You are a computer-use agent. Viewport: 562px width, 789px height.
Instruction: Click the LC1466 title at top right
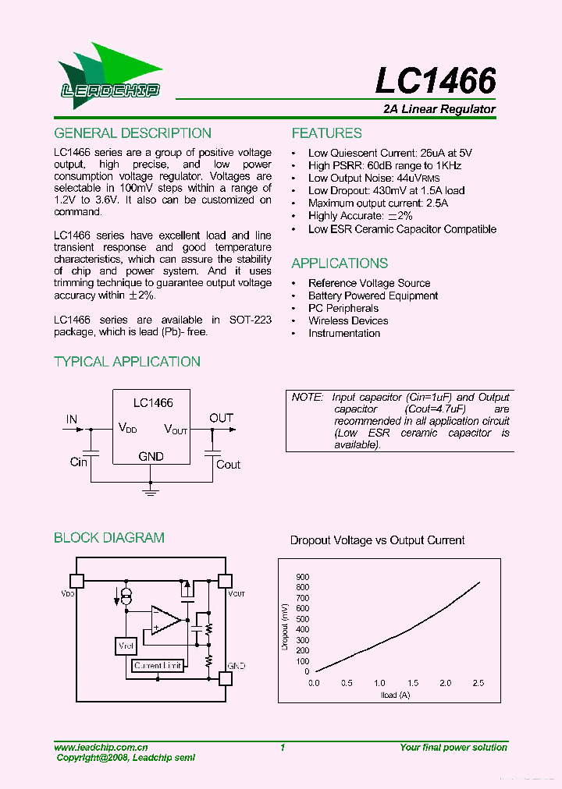(x=436, y=81)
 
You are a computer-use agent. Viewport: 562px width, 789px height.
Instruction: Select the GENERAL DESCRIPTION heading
(x=133, y=133)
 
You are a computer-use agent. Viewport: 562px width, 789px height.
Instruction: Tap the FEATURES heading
(x=326, y=133)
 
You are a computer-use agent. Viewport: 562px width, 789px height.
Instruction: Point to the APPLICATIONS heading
(x=340, y=264)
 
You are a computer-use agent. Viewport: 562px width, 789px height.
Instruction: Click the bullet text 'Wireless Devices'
(x=348, y=320)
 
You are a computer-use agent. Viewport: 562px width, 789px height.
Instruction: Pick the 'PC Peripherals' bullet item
(x=343, y=308)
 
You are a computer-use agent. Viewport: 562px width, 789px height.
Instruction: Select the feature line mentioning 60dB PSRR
(x=384, y=165)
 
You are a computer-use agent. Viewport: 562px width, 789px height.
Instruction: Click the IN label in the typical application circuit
(x=72, y=419)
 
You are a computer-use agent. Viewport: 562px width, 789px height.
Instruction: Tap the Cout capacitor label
(x=228, y=465)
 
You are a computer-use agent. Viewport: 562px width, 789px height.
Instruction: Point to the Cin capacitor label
(x=79, y=462)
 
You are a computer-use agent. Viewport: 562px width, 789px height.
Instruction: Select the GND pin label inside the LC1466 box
(x=151, y=456)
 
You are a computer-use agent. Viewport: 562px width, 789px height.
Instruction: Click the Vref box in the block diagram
(x=125, y=646)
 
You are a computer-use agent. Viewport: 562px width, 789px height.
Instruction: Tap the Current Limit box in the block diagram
(x=158, y=666)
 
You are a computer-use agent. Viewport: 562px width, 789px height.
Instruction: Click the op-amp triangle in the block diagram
(x=165, y=621)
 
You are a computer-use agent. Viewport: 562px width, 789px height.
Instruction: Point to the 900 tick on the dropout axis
(x=302, y=577)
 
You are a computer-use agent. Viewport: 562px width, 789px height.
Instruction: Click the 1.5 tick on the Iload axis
(x=412, y=683)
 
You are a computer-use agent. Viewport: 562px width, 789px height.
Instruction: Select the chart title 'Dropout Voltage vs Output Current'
(x=377, y=540)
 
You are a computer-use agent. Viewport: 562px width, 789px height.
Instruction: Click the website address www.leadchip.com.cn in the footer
(x=101, y=747)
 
